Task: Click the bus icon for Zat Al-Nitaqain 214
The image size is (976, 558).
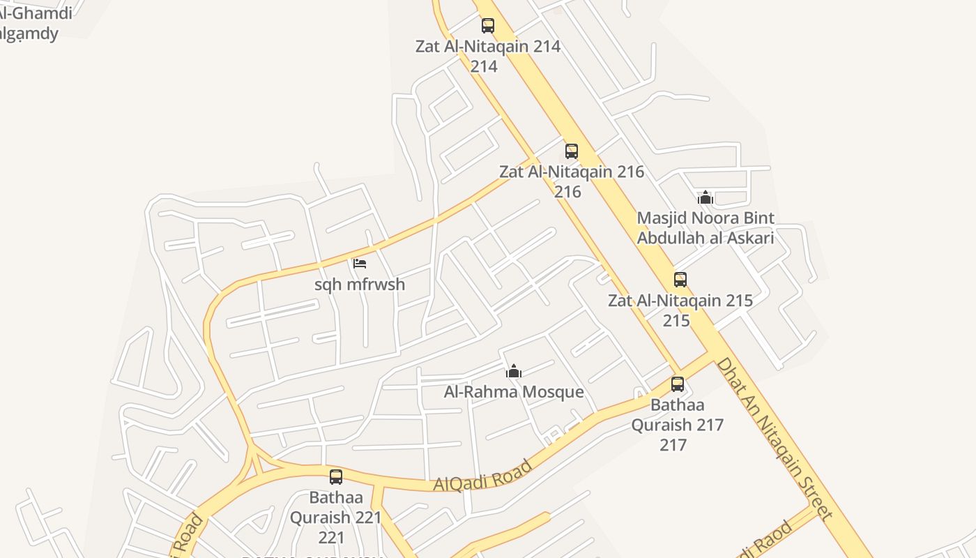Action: coord(488,26)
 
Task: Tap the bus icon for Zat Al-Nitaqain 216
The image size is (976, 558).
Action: coord(572,151)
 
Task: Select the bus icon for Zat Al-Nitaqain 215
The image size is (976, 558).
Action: coord(680,280)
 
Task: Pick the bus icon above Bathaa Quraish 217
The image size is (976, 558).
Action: coord(678,384)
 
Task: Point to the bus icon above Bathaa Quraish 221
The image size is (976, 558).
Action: coord(336,477)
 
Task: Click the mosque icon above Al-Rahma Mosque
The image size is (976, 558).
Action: coord(514,371)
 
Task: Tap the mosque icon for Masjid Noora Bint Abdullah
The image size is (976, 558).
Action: coord(706,197)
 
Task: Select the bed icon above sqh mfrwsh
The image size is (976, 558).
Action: coord(360,264)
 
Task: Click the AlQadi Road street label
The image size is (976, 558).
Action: coord(482,475)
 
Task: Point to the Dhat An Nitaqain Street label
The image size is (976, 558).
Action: coord(774,439)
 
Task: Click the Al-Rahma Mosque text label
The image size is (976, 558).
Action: coord(514,392)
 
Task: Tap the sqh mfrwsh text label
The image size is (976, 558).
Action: coord(360,285)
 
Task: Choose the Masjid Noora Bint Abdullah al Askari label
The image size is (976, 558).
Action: coord(706,228)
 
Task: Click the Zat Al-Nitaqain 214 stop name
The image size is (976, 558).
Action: coord(488,47)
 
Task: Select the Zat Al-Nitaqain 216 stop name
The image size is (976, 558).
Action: coord(572,172)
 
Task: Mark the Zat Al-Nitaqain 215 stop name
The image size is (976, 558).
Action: coord(680,301)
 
